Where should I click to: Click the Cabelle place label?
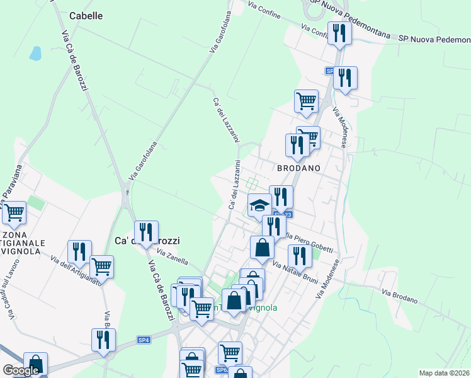(86, 16)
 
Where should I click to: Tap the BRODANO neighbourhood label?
(299, 168)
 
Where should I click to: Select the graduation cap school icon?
(259, 205)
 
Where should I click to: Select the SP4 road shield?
(144, 340)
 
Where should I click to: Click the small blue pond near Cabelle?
(36, 53)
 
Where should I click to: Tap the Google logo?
(21, 370)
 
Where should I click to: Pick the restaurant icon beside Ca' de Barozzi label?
(146, 232)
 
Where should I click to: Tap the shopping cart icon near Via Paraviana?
(14, 213)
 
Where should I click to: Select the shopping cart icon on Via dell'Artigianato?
(101, 266)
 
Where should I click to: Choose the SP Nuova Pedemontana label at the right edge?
(434, 39)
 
